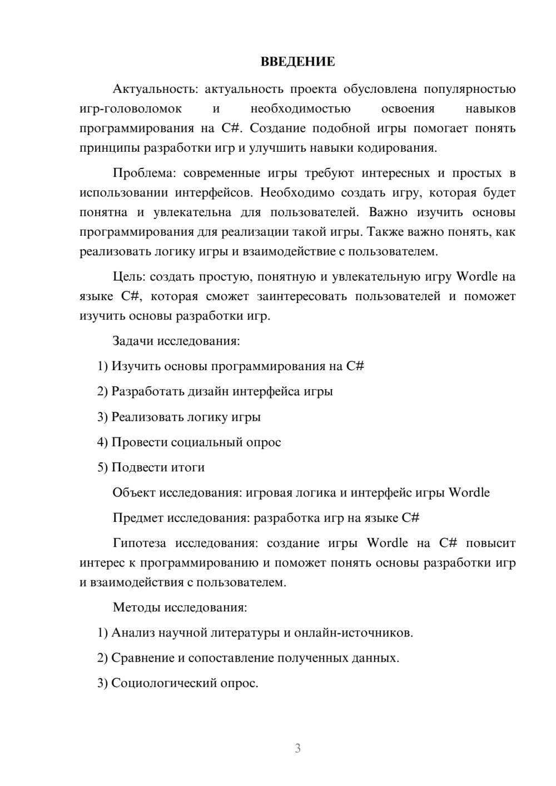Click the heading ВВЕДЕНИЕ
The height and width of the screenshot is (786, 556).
[x=297, y=62]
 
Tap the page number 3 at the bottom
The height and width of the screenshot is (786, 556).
[x=297, y=748]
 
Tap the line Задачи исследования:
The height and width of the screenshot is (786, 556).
[x=176, y=340]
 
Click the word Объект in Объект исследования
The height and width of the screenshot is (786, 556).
[x=134, y=493]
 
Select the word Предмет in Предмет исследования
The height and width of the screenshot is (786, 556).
[x=137, y=518]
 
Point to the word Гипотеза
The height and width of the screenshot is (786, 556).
[x=140, y=543]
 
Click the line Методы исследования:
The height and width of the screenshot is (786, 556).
[x=180, y=606]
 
